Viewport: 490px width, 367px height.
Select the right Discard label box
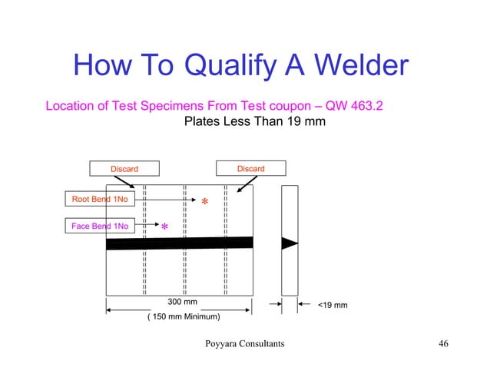click(x=250, y=168)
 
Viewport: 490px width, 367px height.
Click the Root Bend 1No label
click(x=100, y=200)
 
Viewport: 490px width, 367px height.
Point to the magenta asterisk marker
click(x=164, y=229)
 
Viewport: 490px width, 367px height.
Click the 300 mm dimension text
click(x=182, y=303)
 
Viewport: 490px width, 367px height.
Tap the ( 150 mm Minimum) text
click(x=183, y=316)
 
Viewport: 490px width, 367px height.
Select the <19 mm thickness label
click(x=333, y=306)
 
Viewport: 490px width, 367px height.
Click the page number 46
click(x=442, y=343)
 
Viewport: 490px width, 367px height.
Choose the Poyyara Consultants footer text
click(x=244, y=343)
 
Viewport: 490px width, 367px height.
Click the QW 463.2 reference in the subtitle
click(x=355, y=105)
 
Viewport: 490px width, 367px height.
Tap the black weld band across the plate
click(x=179, y=243)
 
